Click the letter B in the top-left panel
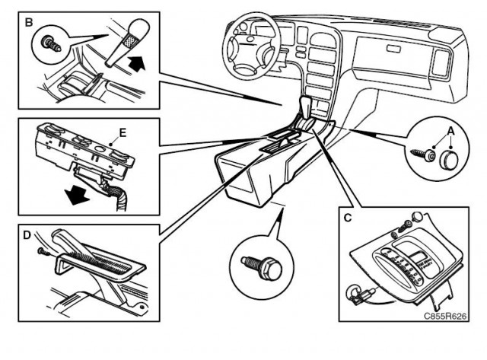pyautogui.click(x=29, y=22)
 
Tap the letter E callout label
pyautogui.click(x=123, y=133)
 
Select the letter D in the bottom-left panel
pyautogui.click(x=27, y=235)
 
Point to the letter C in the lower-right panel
pyautogui.click(x=348, y=218)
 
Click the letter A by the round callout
pyautogui.click(x=450, y=132)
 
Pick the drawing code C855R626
pyautogui.click(x=445, y=316)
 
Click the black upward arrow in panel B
pyautogui.click(x=136, y=63)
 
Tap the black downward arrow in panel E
pyautogui.click(x=76, y=195)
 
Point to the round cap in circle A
pyautogui.click(x=448, y=159)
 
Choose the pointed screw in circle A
pyautogui.click(x=422, y=155)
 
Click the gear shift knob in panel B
pyautogui.click(x=128, y=43)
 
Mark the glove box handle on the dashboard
pyautogui.click(x=394, y=48)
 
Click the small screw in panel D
pyautogui.click(x=43, y=252)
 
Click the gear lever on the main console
pyautogui.click(x=307, y=110)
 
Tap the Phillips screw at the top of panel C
pyautogui.click(x=406, y=227)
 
